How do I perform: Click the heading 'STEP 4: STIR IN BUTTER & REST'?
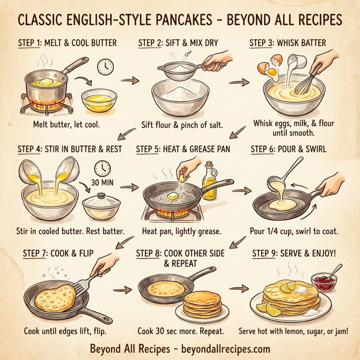click(68, 149)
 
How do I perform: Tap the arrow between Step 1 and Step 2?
click(127, 79)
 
